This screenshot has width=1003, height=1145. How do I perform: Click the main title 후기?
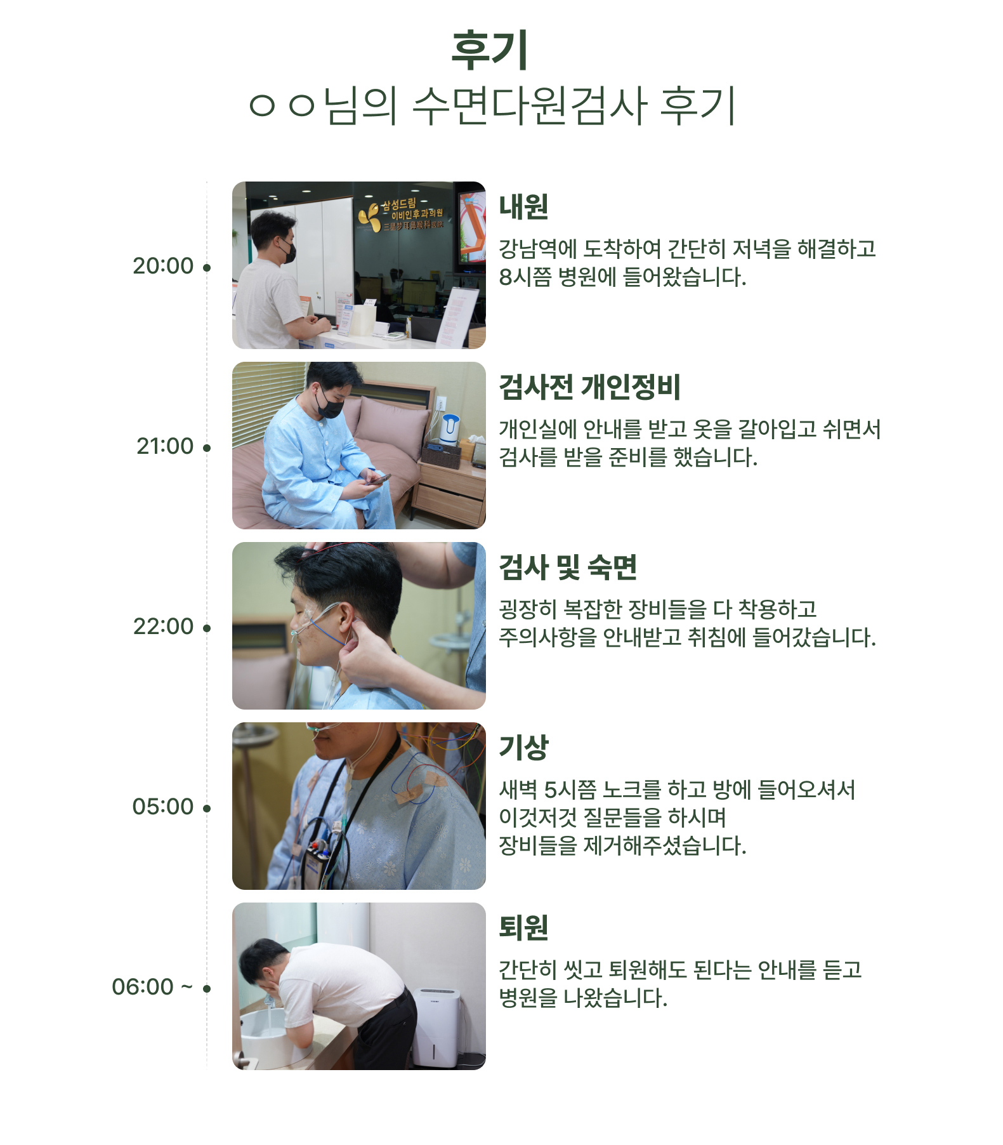[489, 50]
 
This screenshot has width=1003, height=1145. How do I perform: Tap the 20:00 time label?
[163, 266]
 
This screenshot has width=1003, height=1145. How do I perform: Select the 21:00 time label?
[165, 446]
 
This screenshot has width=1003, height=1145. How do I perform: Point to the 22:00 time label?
[163, 626]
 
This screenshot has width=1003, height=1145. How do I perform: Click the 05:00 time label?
[163, 807]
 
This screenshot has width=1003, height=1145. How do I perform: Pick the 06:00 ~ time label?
[152, 987]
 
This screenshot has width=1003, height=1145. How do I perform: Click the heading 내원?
[523, 206]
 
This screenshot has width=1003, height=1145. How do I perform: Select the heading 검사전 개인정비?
[589, 387]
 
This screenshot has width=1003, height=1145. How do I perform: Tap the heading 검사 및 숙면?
[568, 567]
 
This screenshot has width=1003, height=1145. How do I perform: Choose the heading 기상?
[523, 747]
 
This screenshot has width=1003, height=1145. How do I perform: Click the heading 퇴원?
[523, 927]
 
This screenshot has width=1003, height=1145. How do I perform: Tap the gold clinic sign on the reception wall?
[400, 215]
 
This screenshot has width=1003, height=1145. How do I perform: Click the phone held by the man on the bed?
[379, 479]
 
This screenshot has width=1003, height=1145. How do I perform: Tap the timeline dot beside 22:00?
[207, 628]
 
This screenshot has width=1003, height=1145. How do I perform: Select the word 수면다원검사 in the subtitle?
[529, 105]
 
